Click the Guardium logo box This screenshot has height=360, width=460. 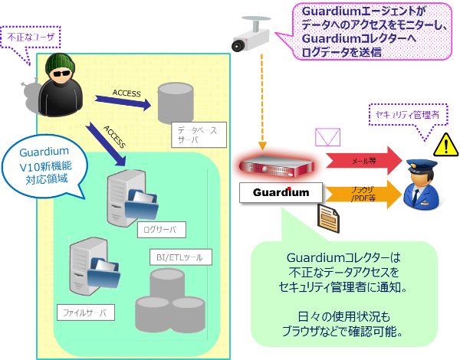click(277, 192)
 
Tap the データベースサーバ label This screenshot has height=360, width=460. click(196, 136)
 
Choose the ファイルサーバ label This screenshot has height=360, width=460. click(87, 313)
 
